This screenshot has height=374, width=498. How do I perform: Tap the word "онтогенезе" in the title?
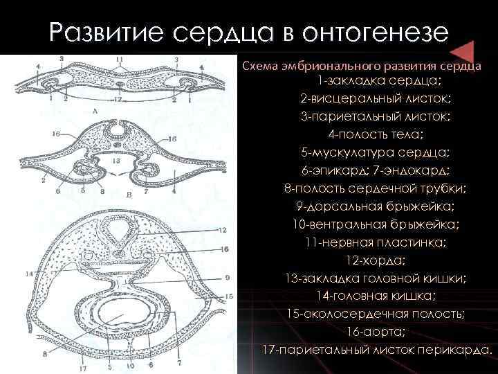368,33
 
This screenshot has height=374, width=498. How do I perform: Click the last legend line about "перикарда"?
377,350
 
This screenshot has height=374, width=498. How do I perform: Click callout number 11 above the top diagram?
120,60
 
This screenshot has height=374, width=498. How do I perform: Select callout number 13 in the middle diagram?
116,160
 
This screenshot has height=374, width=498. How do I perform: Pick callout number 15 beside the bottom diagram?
229,295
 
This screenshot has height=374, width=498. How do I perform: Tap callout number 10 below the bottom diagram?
130,366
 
